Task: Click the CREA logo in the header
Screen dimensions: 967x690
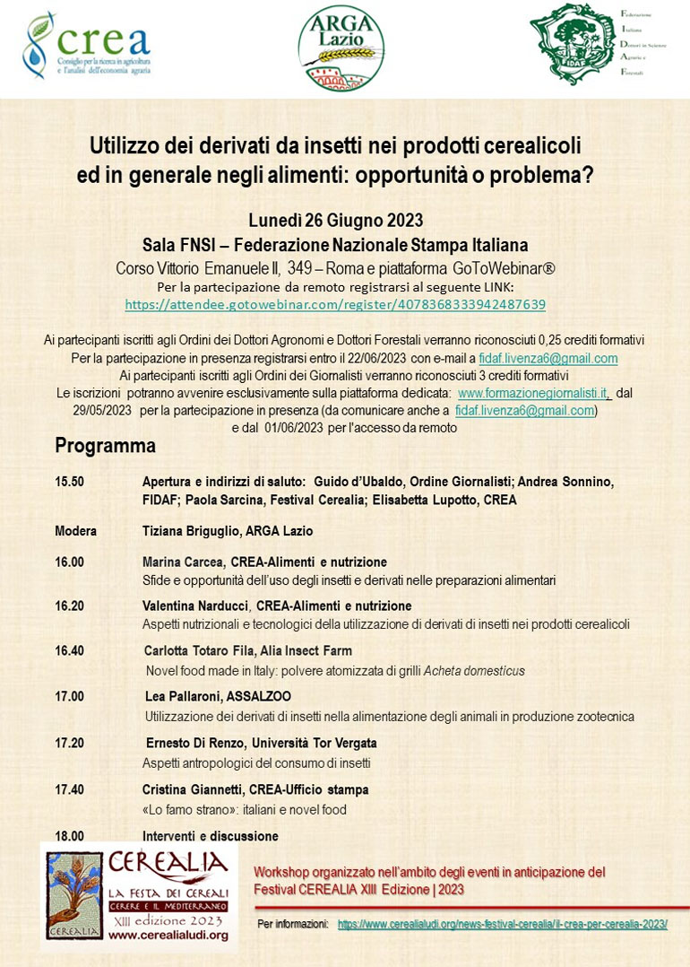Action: click(87, 47)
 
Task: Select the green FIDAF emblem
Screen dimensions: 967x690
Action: click(571, 44)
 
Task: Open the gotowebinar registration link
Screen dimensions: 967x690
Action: click(335, 305)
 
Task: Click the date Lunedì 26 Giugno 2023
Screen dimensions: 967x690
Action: click(335, 221)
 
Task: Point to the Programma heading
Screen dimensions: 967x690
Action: click(105, 446)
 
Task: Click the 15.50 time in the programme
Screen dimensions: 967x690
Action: click(70, 482)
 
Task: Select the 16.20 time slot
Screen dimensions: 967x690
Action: click(70, 606)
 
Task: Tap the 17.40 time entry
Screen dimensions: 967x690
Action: click(70, 789)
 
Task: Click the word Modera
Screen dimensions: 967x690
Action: click(76, 531)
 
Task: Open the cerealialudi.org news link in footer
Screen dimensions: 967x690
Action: click(502, 924)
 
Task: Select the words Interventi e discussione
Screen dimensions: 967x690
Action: click(210, 836)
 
